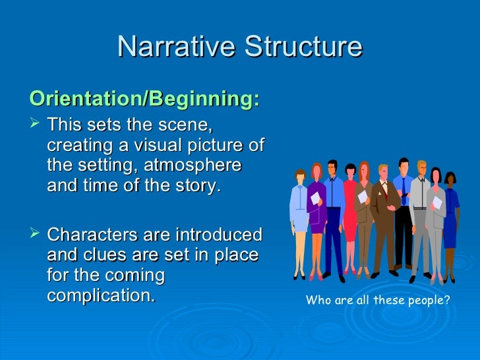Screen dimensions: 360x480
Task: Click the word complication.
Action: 101,296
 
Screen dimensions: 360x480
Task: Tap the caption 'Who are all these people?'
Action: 378,301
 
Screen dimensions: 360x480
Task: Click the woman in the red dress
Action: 349,211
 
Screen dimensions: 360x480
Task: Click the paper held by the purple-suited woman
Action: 315,197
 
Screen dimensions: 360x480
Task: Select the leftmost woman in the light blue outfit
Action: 300,211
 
